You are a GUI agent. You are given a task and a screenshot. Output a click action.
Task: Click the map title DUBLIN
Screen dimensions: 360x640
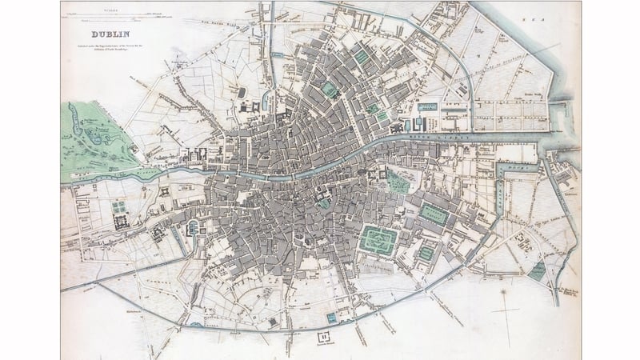click(x=111, y=34)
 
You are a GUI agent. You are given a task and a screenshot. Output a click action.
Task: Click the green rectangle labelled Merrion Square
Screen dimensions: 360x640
click(x=434, y=214)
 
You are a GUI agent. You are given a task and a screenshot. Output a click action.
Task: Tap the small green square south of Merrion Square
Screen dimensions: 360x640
click(x=426, y=253)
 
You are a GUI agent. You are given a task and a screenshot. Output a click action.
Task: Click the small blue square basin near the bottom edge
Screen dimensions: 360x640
click(x=331, y=318)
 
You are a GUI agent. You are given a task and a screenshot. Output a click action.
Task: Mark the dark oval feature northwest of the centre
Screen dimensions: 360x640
click(x=242, y=93)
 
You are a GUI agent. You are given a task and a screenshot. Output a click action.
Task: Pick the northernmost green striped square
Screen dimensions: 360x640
click(x=361, y=57)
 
